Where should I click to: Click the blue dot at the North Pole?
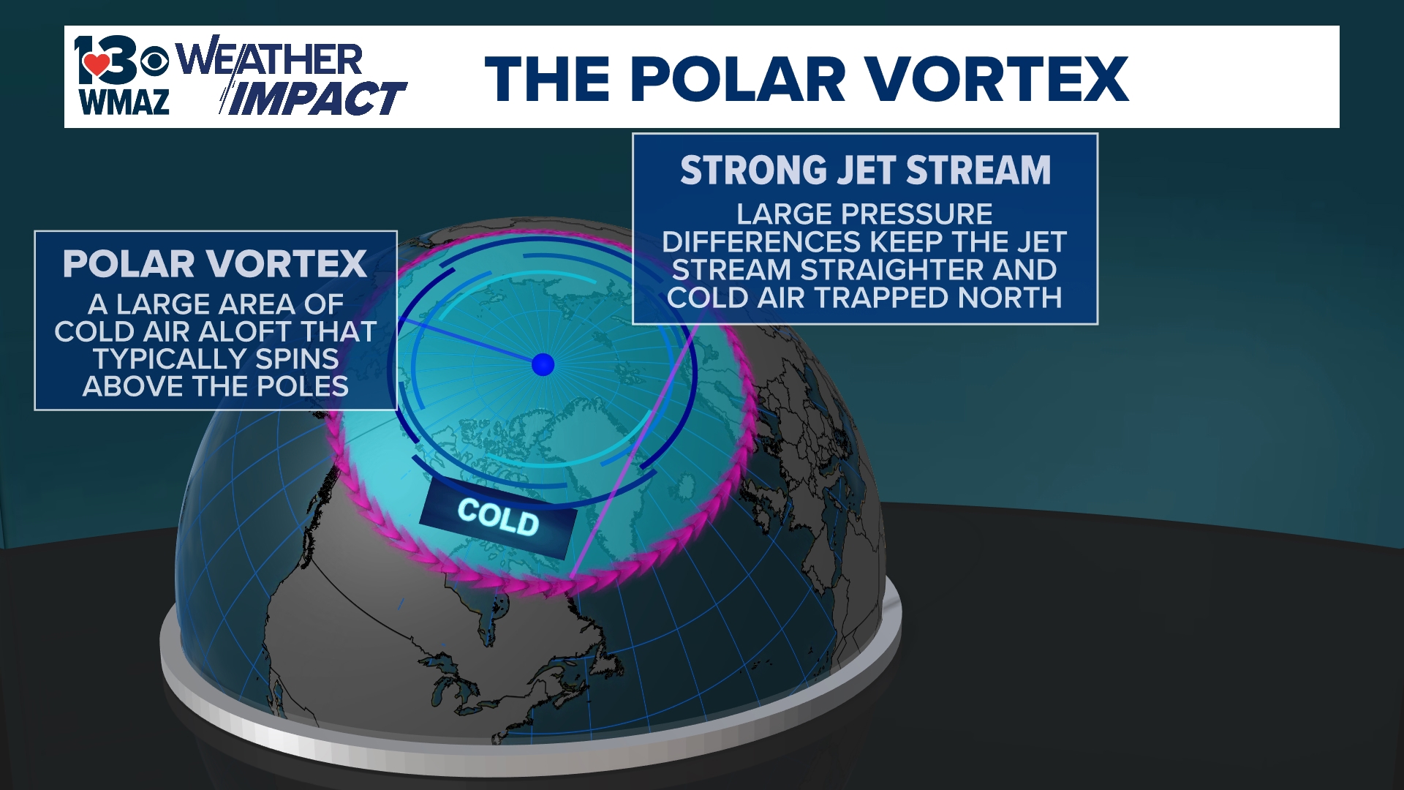[x=543, y=364]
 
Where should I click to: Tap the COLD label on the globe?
[x=498, y=517]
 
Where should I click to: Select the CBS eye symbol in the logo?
[x=154, y=61]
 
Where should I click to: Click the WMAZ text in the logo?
[x=124, y=102]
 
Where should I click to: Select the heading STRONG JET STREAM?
[x=865, y=170]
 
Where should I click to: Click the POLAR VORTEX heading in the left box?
[x=215, y=264]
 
